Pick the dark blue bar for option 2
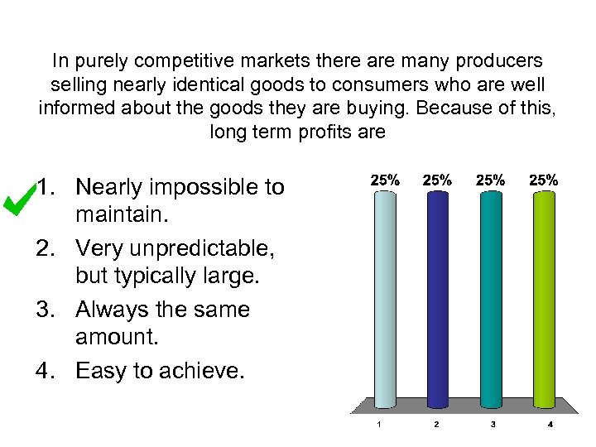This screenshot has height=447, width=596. pyautogui.click(x=437, y=298)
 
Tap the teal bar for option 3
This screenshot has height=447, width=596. pyautogui.click(x=491, y=298)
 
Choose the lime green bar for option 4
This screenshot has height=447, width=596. pyautogui.click(x=544, y=298)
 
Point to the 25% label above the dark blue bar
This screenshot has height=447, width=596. pyautogui.click(x=437, y=180)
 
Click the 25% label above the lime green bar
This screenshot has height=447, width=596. pyautogui.click(x=545, y=180)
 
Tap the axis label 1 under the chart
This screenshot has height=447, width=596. pyautogui.click(x=379, y=425)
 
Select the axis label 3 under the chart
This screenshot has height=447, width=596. pyautogui.click(x=493, y=425)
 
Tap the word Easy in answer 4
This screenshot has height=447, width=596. pyautogui.click(x=99, y=371)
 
